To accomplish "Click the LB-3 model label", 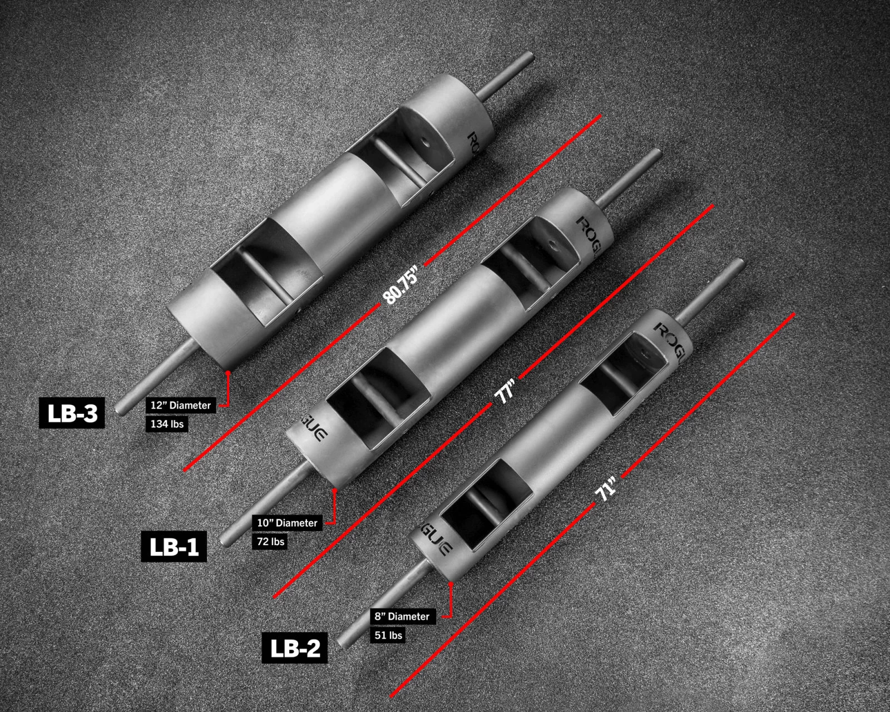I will pyautogui.click(x=72, y=413).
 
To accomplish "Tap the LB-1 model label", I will pyautogui.click(x=174, y=546).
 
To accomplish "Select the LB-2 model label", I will pyautogui.click(x=294, y=647).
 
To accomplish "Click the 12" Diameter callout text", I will pyautogui.click(x=181, y=406).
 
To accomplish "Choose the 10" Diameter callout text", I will pyautogui.click(x=287, y=523).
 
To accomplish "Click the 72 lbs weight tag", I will pyautogui.click(x=270, y=541).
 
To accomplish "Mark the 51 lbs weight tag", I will pyautogui.click(x=387, y=635).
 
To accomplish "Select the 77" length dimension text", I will pyautogui.click(x=506, y=392).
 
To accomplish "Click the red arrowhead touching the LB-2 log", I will pyautogui.click(x=451, y=585).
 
